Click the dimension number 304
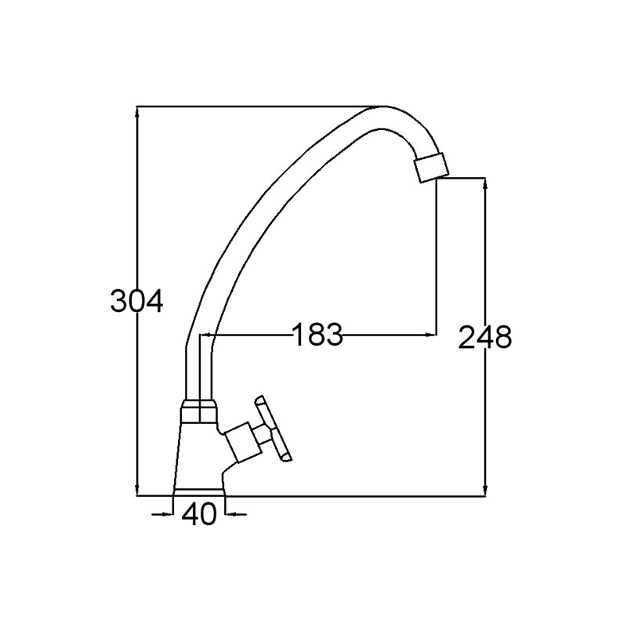(x=136, y=301)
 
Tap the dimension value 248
(x=485, y=337)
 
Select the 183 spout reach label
(x=318, y=335)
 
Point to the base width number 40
(x=199, y=514)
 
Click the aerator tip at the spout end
(x=432, y=167)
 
